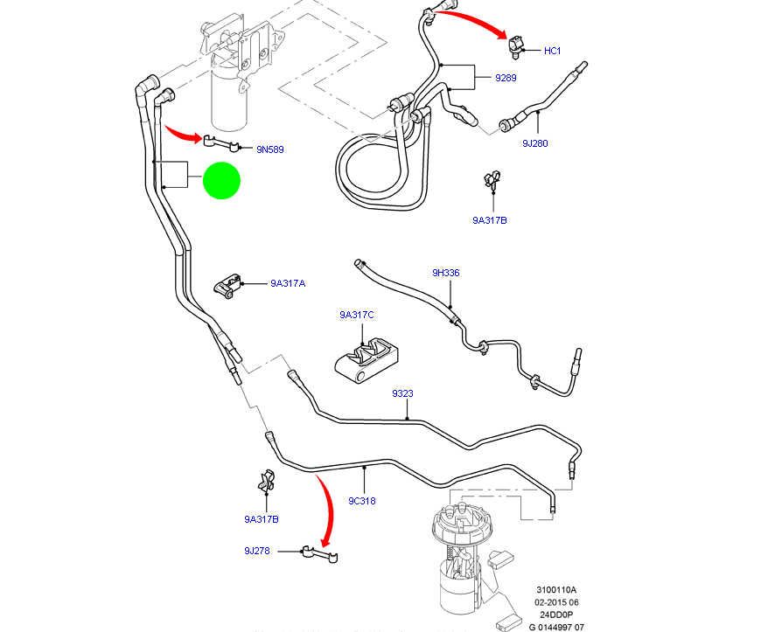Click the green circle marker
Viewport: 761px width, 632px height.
tap(221, 181)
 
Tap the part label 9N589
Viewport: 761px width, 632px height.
tap(269, 149)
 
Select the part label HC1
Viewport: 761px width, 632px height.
tap(552, 51)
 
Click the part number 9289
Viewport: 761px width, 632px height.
tap(506, 78)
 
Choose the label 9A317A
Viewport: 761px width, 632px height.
tap(288, 283)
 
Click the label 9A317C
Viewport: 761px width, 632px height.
tap(357, 315)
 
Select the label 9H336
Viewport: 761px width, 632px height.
tap(445, 273)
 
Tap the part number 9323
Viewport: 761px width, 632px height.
tap(402, 393)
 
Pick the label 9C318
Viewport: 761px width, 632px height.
tap(362, 501)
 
